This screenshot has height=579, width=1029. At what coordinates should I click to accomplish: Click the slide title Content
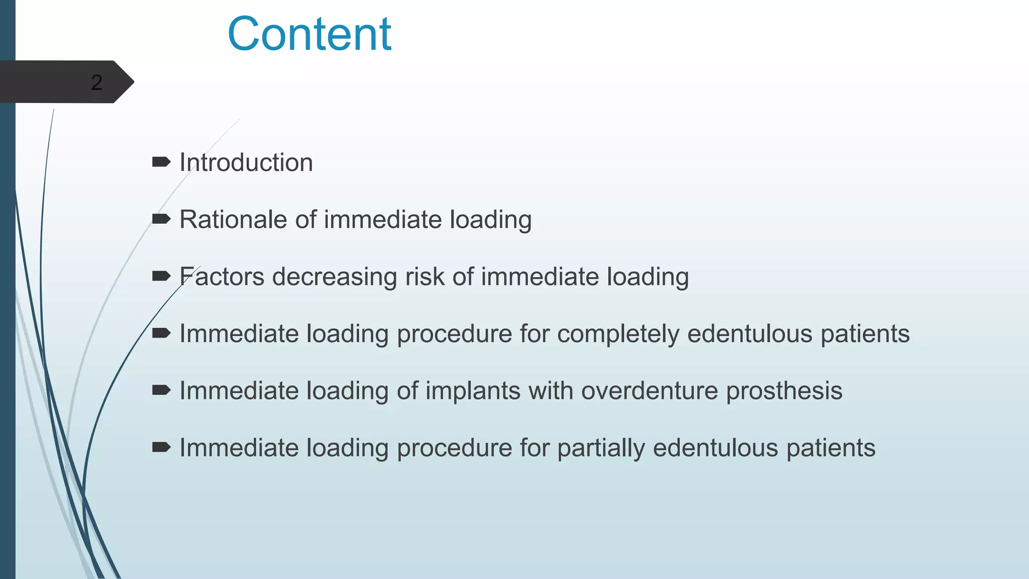[x=309, y=34]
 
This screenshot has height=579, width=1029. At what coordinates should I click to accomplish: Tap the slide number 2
[x=96, y=82]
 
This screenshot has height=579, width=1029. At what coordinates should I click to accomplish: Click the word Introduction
[x=246, y=162]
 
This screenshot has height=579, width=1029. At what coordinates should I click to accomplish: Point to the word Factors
[x=222, y=276]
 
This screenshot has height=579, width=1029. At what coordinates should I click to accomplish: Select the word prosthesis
[x=784, y=391]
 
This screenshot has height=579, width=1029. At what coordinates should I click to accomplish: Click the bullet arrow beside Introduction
[x=161, y=162]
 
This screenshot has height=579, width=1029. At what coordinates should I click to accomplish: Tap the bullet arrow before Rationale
[x=161, y=219]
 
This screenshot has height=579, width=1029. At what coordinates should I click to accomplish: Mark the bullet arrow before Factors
[x=161, y=275]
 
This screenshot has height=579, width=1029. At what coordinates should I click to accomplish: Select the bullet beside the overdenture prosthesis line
[x=161, y=390]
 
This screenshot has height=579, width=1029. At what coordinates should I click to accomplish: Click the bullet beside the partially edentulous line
[x=161, y=447]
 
